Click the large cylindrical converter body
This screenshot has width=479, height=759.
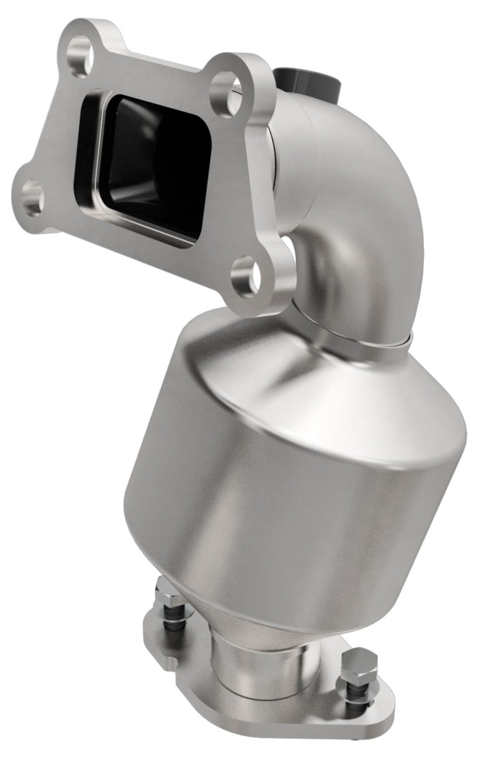[x=281, y=515]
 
